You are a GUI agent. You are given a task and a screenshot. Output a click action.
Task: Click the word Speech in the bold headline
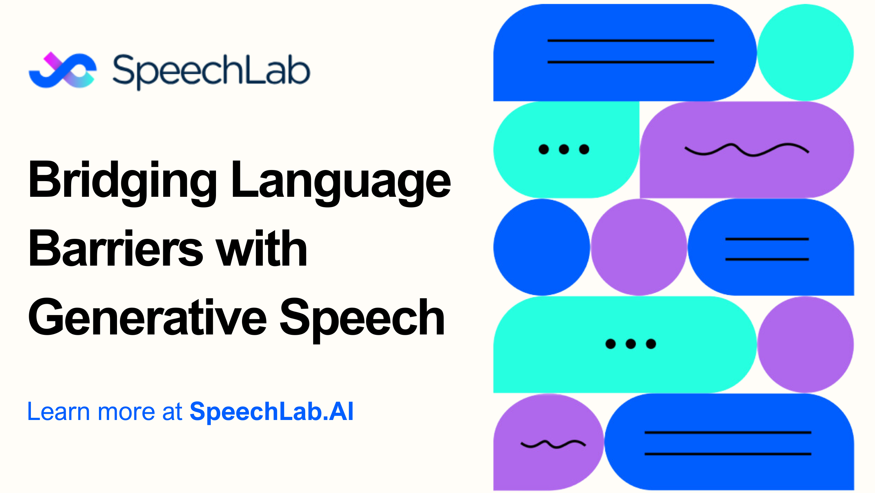click(x=362, y=320)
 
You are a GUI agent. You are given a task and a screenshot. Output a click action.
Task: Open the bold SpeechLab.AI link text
click(x=272, y=412)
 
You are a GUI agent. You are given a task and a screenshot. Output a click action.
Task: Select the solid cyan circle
click(x=805, y=52)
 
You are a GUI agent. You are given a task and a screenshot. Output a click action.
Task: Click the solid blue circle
click(x=542, y=247)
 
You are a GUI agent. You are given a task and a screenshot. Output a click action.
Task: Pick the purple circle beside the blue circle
click(x=639, y=247)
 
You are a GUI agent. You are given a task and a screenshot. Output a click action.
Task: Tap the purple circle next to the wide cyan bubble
click(x=805, y=345)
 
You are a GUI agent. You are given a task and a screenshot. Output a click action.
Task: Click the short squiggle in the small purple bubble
click(x=553, y=444)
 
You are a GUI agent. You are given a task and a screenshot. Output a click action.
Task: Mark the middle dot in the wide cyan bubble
click(x=631, y=344)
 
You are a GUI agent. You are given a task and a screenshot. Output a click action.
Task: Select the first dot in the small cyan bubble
click(x=543, y=149)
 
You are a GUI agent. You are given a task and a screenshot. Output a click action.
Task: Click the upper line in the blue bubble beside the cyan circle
click(x=631, y=41)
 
